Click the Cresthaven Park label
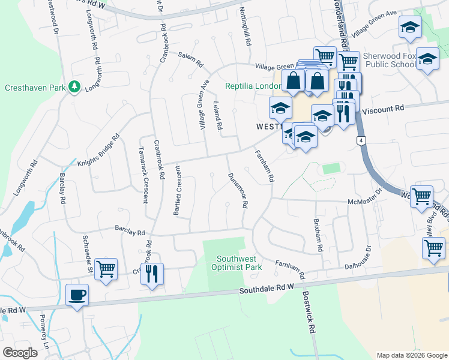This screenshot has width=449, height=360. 35,88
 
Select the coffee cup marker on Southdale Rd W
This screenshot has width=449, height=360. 77,296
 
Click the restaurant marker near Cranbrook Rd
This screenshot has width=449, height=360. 152,274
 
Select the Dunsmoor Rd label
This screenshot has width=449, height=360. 238,191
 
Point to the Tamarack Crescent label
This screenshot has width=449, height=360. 143,175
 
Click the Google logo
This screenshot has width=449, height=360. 21,352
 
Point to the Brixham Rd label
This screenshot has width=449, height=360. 318,235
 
